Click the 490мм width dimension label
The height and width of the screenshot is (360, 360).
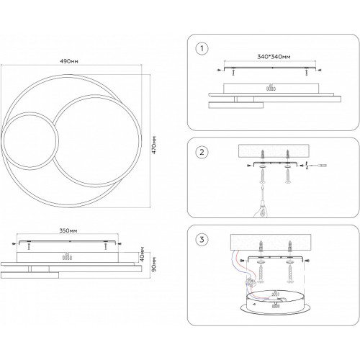coord(69,61)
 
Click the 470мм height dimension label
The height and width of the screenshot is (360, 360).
coord(154,145)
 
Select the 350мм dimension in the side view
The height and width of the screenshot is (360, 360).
coord(68,230)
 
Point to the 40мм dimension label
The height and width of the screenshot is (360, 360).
coord(142,254)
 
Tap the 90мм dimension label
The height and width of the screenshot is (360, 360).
coord(154,264)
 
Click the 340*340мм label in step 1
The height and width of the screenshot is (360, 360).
coord(274,57)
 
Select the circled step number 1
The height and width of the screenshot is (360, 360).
coord(202,48)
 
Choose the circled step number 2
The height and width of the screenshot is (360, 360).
coord(202,152)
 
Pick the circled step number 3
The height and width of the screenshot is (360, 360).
coord(202,240)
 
